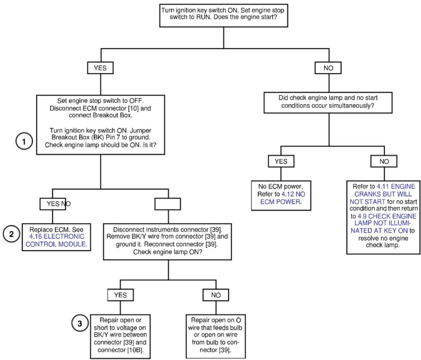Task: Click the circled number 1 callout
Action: [x=24, y=141]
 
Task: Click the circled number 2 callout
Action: [x=12, y=234]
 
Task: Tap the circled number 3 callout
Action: [x=80, y=323]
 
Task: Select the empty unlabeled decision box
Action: [x=168, y=204]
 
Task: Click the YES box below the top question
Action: [x=100, y=68]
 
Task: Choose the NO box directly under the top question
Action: [x=328, y=68]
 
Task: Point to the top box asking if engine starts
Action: [x=224, y=15]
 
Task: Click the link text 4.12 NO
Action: [x=293, y=194]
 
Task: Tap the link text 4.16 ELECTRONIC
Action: [x=57, y=236]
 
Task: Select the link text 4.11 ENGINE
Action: [x=396, y=186]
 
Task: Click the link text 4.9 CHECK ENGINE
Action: [x=387, y=216]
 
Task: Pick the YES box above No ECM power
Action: [x=281, y=161]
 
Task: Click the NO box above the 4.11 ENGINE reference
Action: [x=384, y=161]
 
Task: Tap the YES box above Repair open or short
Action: [x=120, y=295]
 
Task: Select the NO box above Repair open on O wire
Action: [x=216, y=295]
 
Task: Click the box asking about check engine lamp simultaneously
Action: [x=328, y=102]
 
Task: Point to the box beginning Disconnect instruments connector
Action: [x=167, y=242]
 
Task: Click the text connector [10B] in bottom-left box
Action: [x=120, y=350]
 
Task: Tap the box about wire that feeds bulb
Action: [x=216, y=336]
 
